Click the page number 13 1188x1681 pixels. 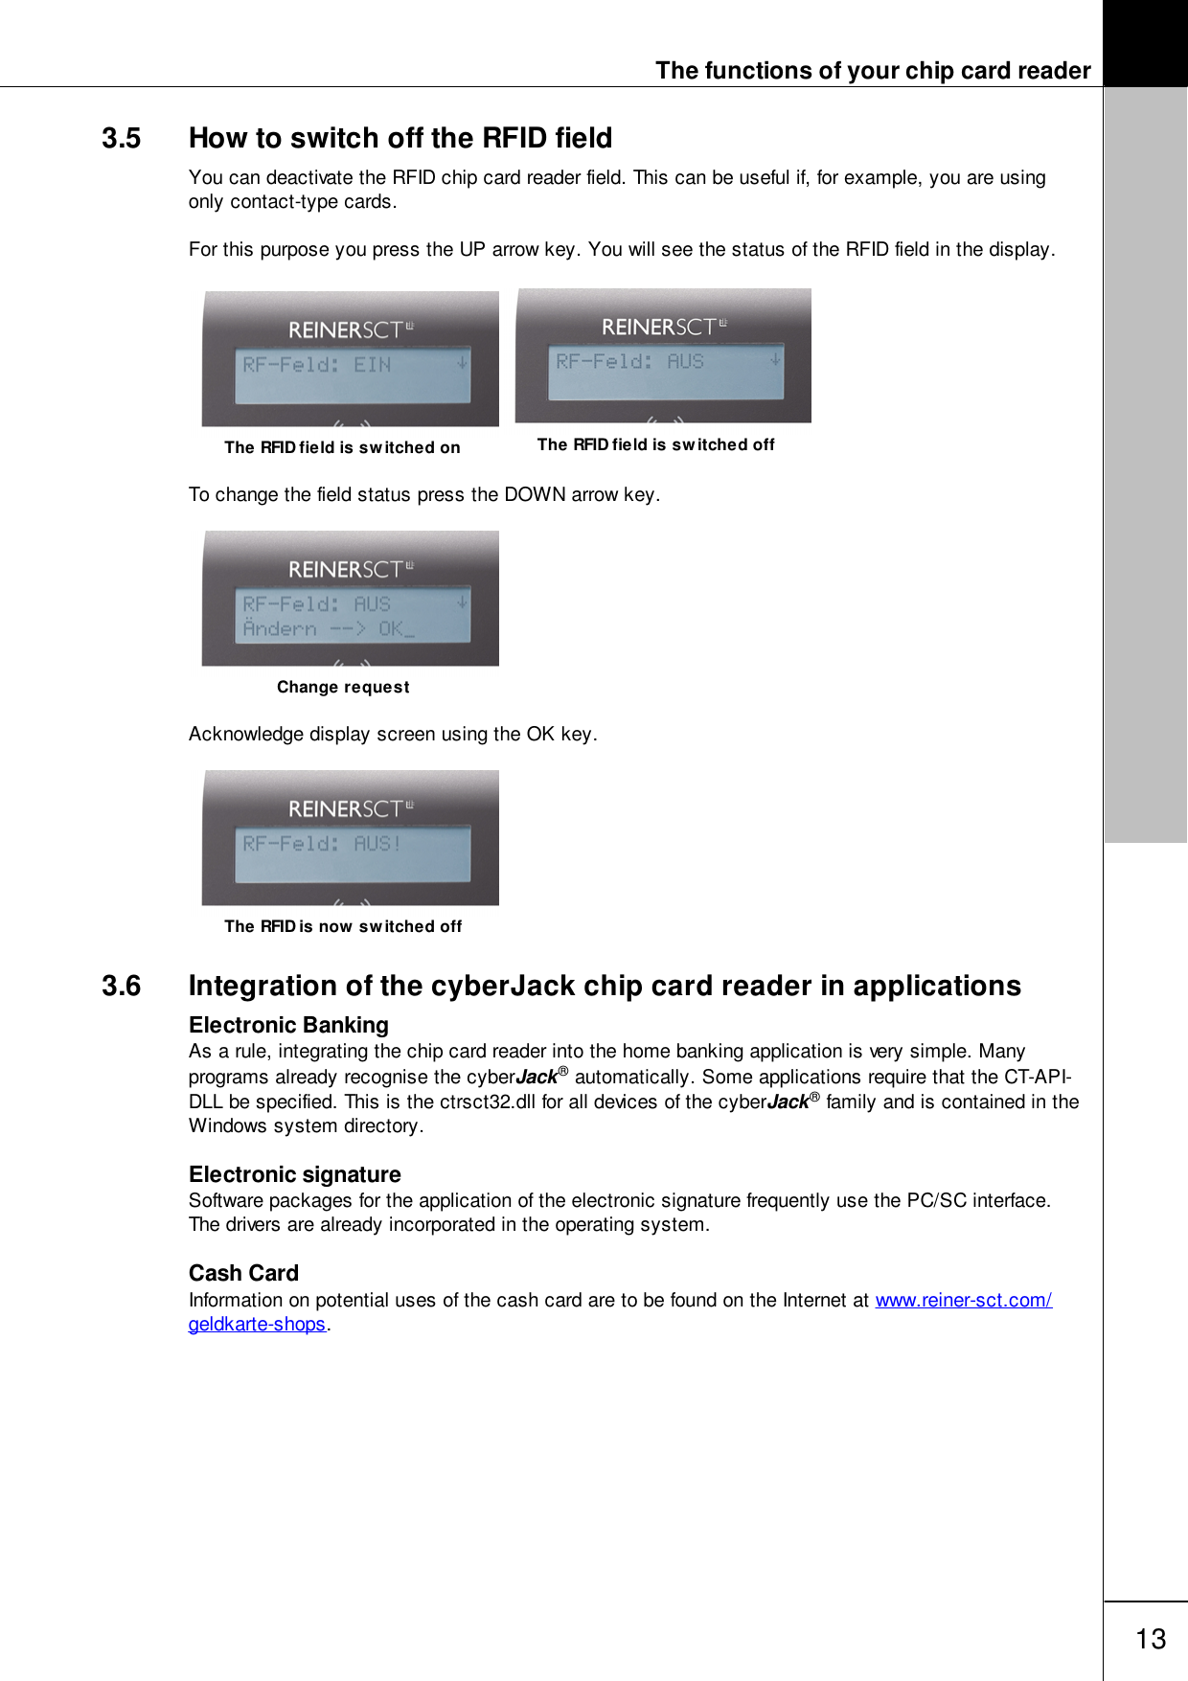(1151, 1639)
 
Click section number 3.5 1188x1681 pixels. (122, 139)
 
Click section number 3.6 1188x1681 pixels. (122, 987)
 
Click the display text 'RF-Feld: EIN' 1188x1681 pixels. (316, 365)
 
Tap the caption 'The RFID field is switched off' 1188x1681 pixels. (655, 444)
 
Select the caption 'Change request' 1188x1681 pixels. (343, 687)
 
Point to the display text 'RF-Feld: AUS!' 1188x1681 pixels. (322, 844)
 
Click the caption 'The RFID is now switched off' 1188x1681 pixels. (343, 926)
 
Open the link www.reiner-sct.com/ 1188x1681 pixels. (963, 1300)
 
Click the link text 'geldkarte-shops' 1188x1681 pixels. (257, 1324)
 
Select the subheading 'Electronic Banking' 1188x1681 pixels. (288, 1025)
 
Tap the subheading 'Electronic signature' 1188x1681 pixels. (295, 1174)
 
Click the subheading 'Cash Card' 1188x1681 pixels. (243, 1273)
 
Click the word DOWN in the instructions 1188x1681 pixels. (535, 494)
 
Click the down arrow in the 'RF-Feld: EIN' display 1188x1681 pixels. (462, 363)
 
